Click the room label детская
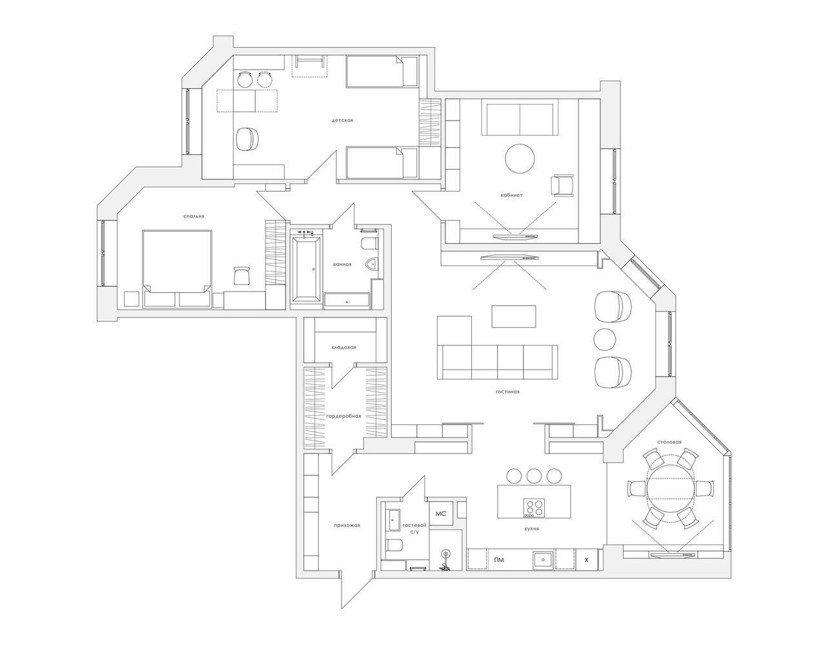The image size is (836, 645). tap(342, 121)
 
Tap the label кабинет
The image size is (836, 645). tap(512, 195)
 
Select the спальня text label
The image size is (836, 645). tap(194, 217)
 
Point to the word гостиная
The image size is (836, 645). tap(508, 392)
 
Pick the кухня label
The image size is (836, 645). tap(532, 528)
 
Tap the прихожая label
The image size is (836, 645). tap(347, 525)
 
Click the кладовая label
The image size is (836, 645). tap(343, 348)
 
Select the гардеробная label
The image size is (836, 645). tap(343, 416)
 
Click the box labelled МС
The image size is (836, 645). tap(441, 513)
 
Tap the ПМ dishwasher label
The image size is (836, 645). tap(499, 560)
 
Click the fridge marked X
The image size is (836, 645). tap(587, 560)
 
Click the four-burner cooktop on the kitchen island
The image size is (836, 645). tap(535, 508)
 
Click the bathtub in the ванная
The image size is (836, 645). tap(306, 269)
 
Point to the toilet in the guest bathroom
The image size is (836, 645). tap(394, 544)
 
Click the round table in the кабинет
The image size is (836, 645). tap(520, 159)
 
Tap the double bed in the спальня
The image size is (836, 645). tap(177, 268)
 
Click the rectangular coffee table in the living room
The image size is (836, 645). tap(514, 316)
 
